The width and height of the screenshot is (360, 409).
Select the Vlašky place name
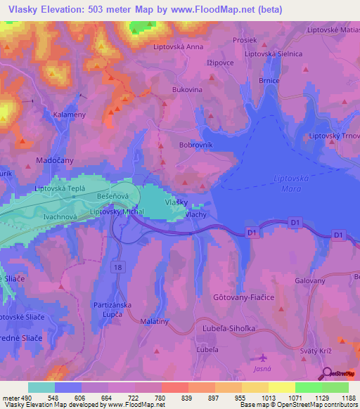176,202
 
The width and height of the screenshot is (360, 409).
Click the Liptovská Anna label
178,48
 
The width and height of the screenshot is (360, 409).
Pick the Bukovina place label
187,90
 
